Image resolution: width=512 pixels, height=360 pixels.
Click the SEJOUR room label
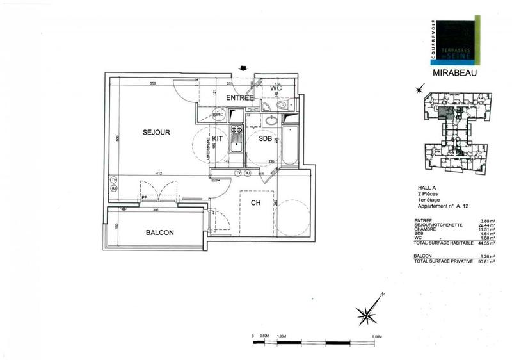[x=156, y=132]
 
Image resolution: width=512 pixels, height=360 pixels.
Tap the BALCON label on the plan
[x=160, y=233]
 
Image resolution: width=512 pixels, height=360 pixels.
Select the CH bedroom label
[x=255, y=203]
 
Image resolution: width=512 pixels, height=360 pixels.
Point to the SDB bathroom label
[x=266, y=138]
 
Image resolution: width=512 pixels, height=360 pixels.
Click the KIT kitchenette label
[x=218, y=138]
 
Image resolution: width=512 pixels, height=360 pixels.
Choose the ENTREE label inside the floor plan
[x=241, y=97]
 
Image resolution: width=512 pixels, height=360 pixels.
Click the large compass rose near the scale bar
[x=369, y=314]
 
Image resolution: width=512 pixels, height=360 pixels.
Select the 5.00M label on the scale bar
[x=376, y=336]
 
